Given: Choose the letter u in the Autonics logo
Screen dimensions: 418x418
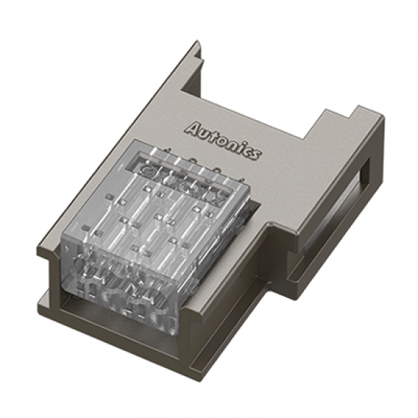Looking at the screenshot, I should (204, 129).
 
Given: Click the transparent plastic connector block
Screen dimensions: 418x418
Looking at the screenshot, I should (160, 228).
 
